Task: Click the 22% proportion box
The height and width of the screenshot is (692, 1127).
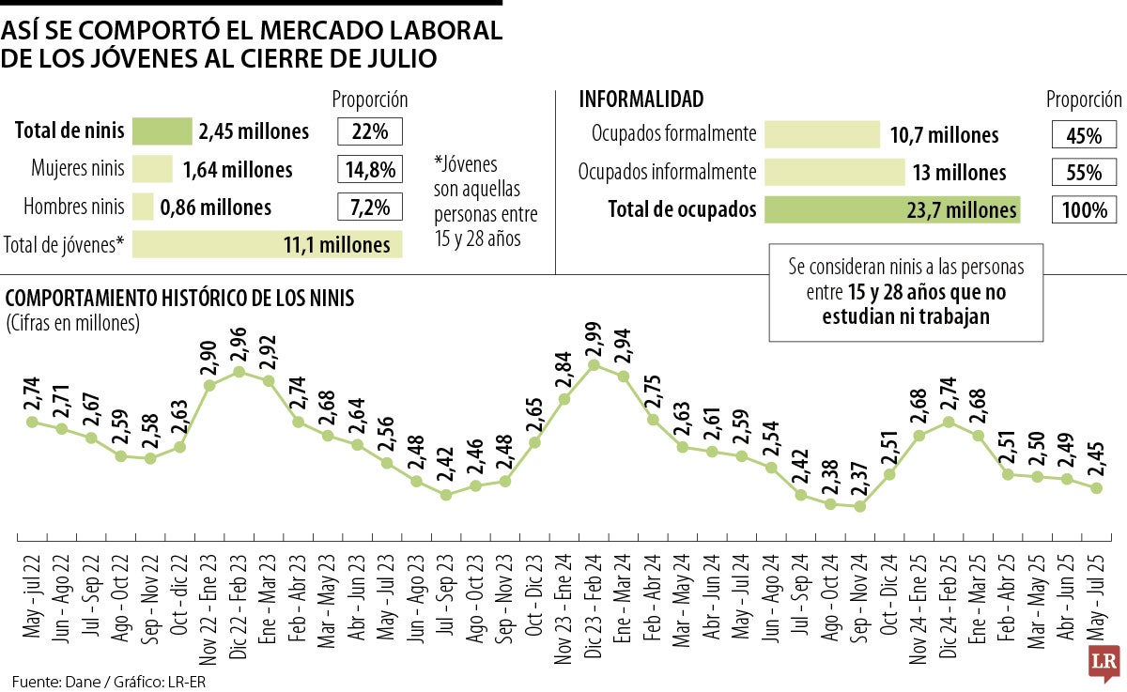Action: click(370, 131)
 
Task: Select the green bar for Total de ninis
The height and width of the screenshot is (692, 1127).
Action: click(162, 131)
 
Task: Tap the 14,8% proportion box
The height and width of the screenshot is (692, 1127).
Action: click(370, 170)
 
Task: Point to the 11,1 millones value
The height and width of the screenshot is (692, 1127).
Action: click(336, 245)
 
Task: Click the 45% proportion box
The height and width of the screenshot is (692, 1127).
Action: click(1084, 135)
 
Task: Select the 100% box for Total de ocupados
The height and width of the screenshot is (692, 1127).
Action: click(1084, 210)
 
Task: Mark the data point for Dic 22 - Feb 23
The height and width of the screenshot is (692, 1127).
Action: click(239, 372)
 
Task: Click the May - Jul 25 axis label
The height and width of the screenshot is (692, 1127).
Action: click(1095, 596)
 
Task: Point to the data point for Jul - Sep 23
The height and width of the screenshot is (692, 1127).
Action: click(446, 494)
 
